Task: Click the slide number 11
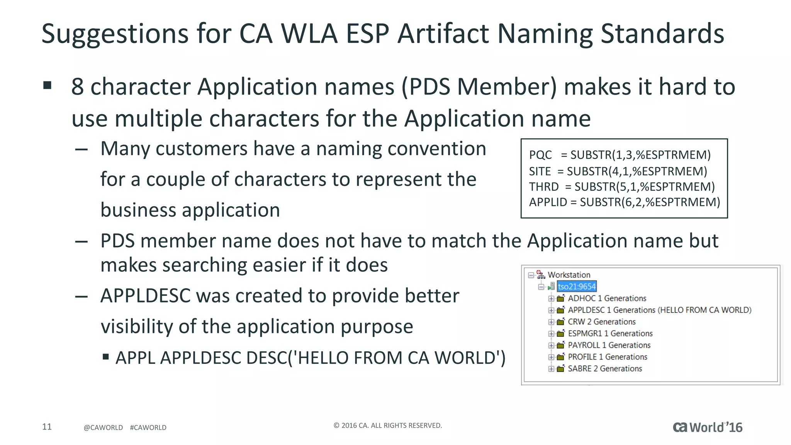47,426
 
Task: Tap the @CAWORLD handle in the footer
103,428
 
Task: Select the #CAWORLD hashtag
148,428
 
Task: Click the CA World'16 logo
708,427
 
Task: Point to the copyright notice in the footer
387,425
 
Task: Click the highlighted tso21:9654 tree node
577,286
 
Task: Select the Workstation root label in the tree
569,275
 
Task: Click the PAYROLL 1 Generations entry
609,345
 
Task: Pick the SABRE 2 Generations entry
605,369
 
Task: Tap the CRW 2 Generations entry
601,322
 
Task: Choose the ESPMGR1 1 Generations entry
610,333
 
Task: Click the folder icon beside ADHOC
560,298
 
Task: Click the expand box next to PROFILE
551,357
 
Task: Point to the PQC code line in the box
620,155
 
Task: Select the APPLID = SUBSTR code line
625,202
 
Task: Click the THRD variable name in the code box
544,187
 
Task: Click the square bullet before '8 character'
48,85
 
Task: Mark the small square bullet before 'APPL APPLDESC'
105,357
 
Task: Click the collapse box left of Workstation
531,275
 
